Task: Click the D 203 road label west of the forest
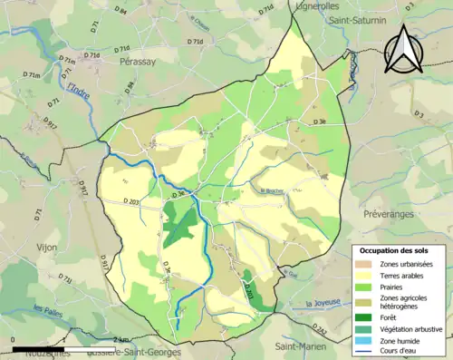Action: point(130,200)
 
